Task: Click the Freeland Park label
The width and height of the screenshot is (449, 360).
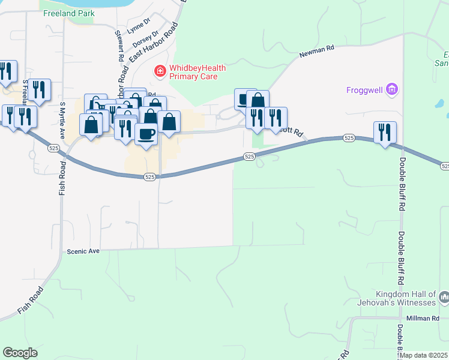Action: coord(69,13)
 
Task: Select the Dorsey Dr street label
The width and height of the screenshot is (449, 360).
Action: coord(145,40)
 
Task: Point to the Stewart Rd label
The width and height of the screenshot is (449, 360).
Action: coord(117,46)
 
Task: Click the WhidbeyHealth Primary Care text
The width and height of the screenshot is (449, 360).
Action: coord(197,72)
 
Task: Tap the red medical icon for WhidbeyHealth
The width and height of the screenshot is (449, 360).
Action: coord(160,72)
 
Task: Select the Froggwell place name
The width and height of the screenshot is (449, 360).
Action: coord(364,91)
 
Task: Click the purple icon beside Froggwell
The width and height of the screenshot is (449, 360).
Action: coord(392,91)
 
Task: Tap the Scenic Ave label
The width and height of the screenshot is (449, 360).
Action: coord(83,251)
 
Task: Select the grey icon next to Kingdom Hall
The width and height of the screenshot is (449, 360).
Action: coord(444,297)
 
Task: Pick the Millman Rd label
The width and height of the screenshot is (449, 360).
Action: coord(423,319)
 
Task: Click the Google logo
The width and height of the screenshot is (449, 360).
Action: coord(20,353)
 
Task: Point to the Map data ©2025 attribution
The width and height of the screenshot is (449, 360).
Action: coord(424,355)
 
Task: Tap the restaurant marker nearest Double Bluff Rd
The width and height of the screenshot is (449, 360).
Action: coord(385,131)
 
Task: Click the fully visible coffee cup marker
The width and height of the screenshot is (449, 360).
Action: coord(145,133)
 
